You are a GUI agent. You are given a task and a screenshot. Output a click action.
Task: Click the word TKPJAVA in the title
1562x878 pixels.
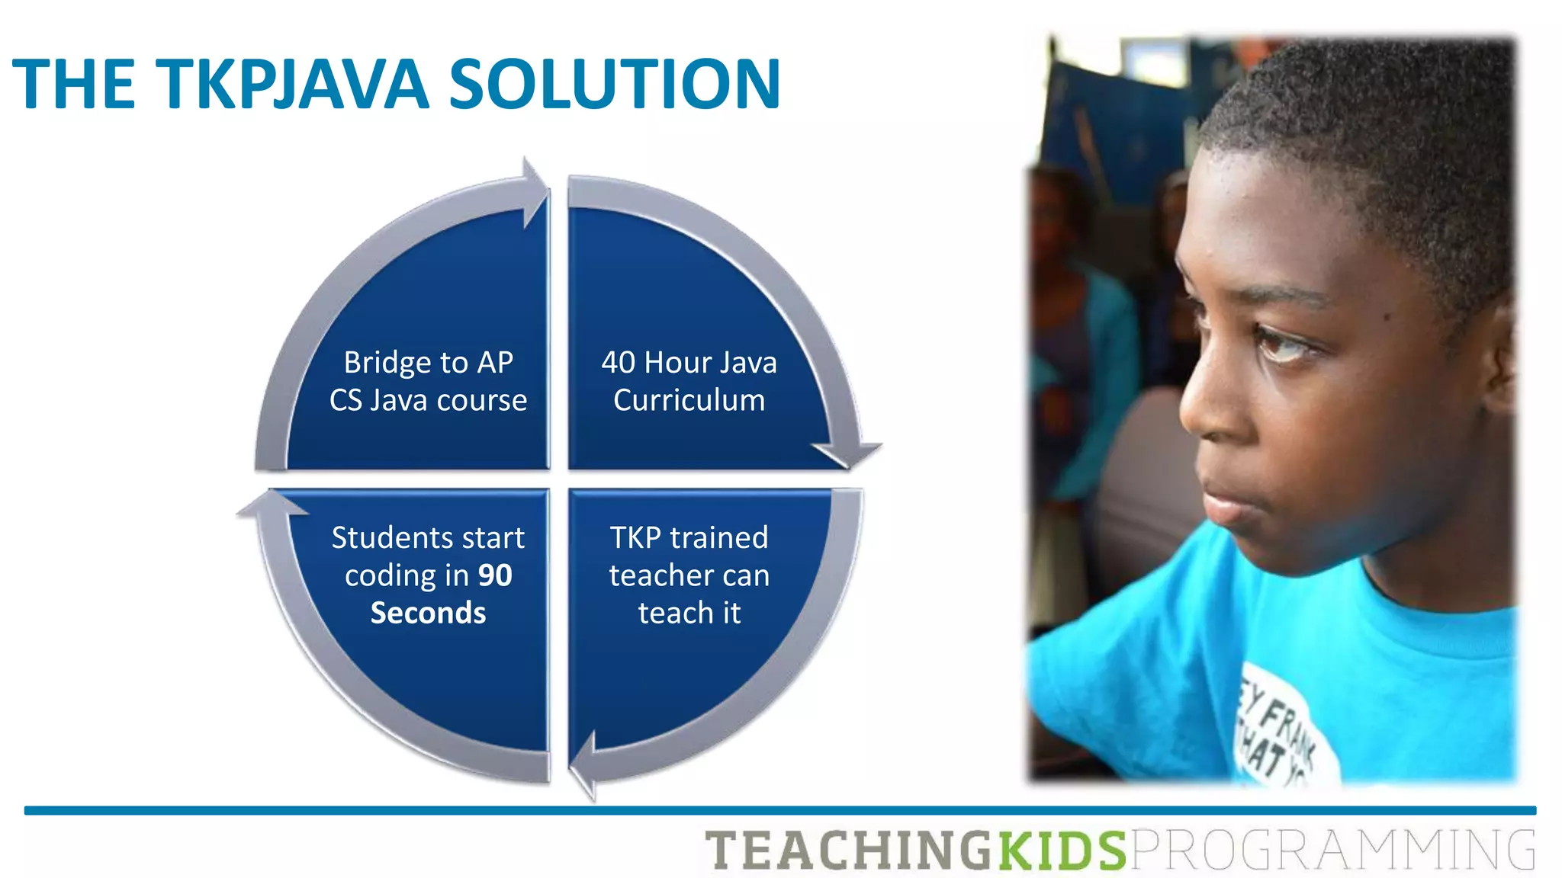(292, 84)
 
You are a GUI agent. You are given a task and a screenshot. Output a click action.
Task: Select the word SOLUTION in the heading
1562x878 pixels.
(615, 84)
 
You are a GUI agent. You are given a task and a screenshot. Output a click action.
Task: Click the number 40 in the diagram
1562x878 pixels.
(618, 363)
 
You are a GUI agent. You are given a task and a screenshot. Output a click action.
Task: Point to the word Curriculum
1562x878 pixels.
(689, 400)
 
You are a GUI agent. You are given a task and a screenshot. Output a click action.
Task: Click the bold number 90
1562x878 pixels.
(495, 575)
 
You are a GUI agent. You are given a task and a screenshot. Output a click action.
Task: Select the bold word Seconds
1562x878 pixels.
(428, 613)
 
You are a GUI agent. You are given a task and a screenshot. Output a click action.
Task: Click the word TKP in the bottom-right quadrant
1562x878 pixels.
(635, 538)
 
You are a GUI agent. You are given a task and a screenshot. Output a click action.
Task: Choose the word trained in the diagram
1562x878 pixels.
(718, 538)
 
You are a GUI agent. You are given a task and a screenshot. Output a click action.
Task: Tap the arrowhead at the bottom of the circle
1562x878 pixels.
(584, 766)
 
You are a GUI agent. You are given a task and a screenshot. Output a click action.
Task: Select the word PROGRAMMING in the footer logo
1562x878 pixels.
(1332, 851)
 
